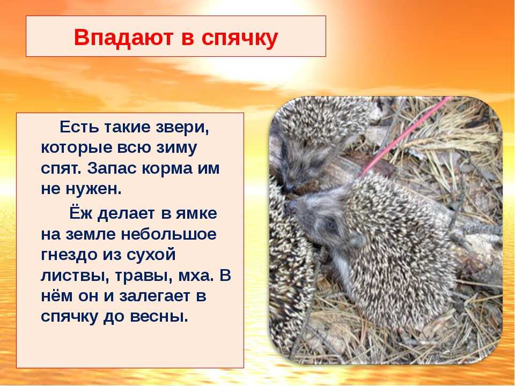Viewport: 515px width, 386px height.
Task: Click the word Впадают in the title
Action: [124, 37]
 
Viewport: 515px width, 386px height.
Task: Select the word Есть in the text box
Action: [79, 127]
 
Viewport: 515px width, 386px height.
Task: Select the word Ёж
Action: [79, 212]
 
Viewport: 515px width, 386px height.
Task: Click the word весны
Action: [159, 317]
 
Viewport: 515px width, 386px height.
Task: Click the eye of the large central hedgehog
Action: [331, 225]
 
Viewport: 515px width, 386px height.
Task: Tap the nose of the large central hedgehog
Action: [291, 206]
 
